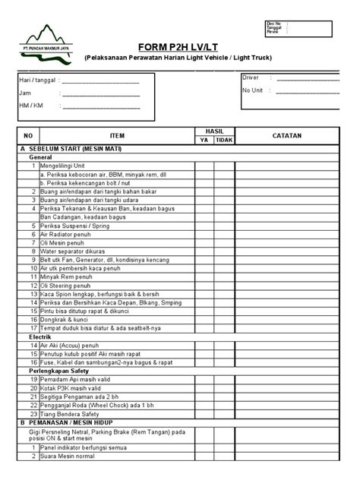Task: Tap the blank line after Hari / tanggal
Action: (99, 82)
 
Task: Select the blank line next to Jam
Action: (99, 94)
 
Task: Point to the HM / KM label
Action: (31, 106)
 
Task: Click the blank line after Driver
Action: (306, 78)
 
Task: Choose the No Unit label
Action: (252, 90)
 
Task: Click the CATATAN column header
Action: (287, 135)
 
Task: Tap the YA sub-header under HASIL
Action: (204, 141)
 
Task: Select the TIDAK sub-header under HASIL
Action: (224, 141)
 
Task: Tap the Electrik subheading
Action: (40, 336)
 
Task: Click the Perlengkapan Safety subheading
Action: (61, 370)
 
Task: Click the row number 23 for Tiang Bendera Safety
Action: (33, 413)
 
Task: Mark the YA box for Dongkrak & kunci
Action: (204, 319)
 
